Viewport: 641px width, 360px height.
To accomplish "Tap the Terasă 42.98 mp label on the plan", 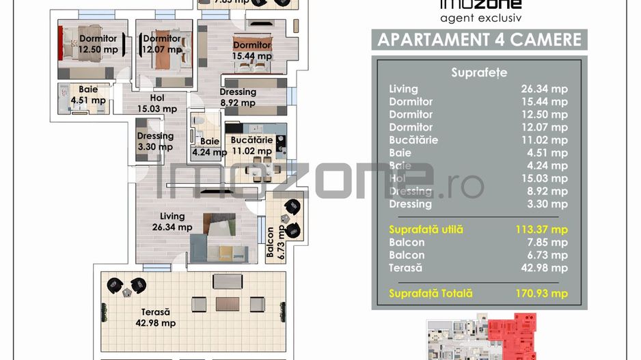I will [151, 317].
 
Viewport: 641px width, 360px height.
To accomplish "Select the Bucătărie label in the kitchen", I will [251, 146].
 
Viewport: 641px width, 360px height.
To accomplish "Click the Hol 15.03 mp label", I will [157, 103].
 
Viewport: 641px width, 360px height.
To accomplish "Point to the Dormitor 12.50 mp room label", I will [98, 44].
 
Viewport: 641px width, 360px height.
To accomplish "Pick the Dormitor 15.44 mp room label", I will [251, 51].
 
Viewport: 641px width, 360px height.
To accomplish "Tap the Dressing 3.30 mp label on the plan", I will [154, 141].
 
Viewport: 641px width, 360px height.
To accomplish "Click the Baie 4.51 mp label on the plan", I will [88, 95].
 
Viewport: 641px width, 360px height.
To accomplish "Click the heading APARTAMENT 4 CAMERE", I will [480, 39].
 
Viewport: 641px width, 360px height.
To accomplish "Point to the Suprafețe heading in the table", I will [479, 72].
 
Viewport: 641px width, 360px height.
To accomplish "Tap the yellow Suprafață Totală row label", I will [431, 294].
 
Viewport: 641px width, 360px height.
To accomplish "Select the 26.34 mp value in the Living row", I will [544, 89].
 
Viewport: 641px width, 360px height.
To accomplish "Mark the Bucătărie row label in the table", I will [413, 140].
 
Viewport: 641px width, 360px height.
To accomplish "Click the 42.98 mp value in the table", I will [544, 268].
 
